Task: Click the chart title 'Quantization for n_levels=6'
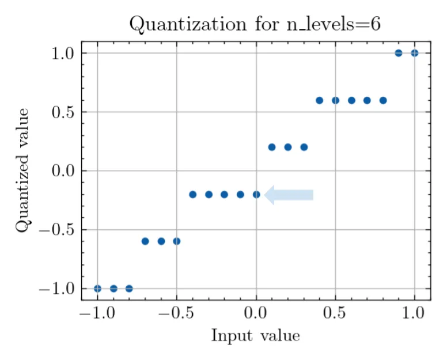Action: coord(255,24)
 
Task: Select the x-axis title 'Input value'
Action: coord(255,335)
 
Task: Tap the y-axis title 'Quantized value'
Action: coord(22,171)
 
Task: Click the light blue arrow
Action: coord(289,195)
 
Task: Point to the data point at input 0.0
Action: coord(256,195)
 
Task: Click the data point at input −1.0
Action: coord(98,289)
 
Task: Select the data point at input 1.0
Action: coord(414,53)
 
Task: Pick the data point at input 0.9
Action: coord(399,53)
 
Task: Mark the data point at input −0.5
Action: coord(177,241)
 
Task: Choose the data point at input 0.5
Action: coord(335,100)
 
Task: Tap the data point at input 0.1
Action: coord(272,147)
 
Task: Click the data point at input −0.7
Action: coord(145,241)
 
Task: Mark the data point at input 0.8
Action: coord(383,100)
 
